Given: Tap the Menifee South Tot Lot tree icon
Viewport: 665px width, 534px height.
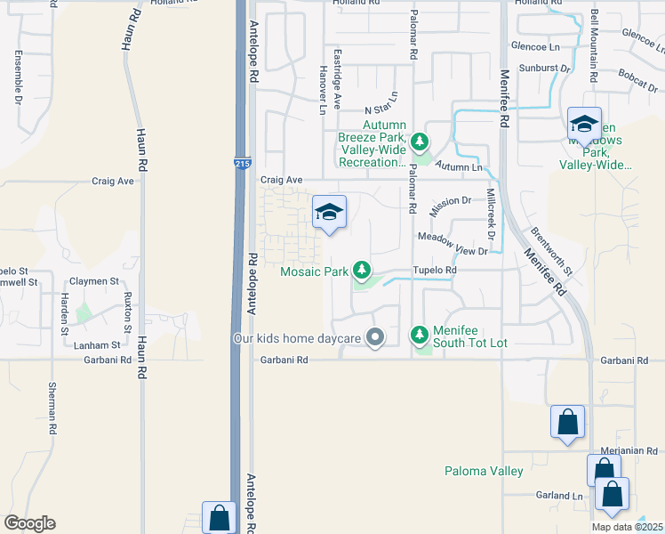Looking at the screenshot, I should click(x=420, y=335).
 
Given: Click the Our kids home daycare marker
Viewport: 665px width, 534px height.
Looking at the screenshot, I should click(x=375, y=337).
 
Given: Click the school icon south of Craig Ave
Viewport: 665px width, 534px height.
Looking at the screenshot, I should click(x=329, y=213).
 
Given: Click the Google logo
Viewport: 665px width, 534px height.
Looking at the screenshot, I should click(x=29, y=523).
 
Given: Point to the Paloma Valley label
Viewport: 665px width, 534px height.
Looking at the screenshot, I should click(x=484, y=471).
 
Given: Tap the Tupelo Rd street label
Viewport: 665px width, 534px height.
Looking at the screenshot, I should click(x=434, y=270).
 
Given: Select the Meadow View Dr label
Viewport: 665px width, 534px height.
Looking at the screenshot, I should click(x=453, y=245).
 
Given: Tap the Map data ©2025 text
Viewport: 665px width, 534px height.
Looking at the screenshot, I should click(x=627, y=527).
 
